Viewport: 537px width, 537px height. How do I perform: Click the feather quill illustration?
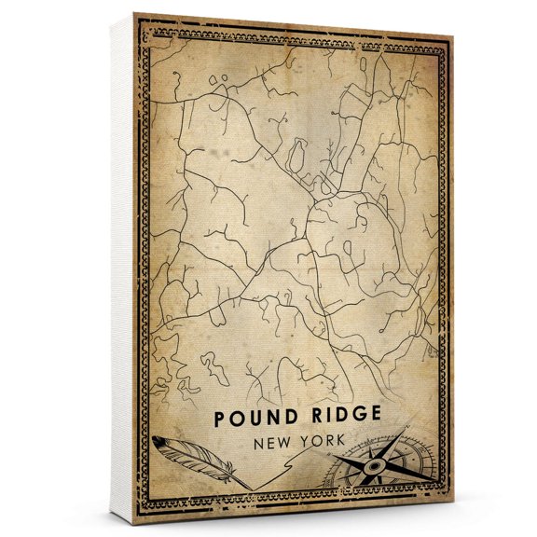pos(191,458)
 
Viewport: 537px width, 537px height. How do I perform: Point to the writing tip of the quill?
pos(250,487)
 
